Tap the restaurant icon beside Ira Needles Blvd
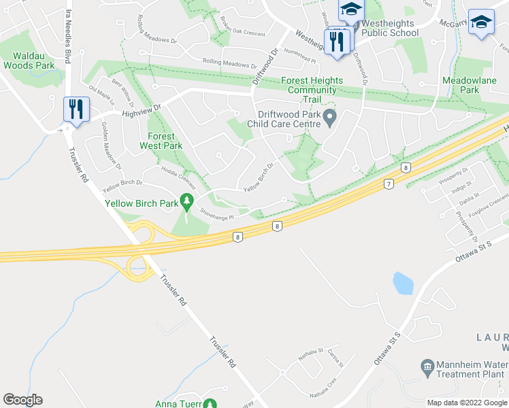(x=76, y=109)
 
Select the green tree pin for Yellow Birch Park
(x=186, y=202)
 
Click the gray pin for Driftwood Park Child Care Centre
(x=330, y=118)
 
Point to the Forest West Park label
(x=161, y=141)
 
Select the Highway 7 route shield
(x=389, y=184)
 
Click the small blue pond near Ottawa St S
(x=403, y=283)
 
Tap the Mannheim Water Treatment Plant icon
(x=427, y=368)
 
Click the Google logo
(x=22, y=400)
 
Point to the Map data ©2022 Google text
(x=467, y=403)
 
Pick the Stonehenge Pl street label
(x=216, y=216)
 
